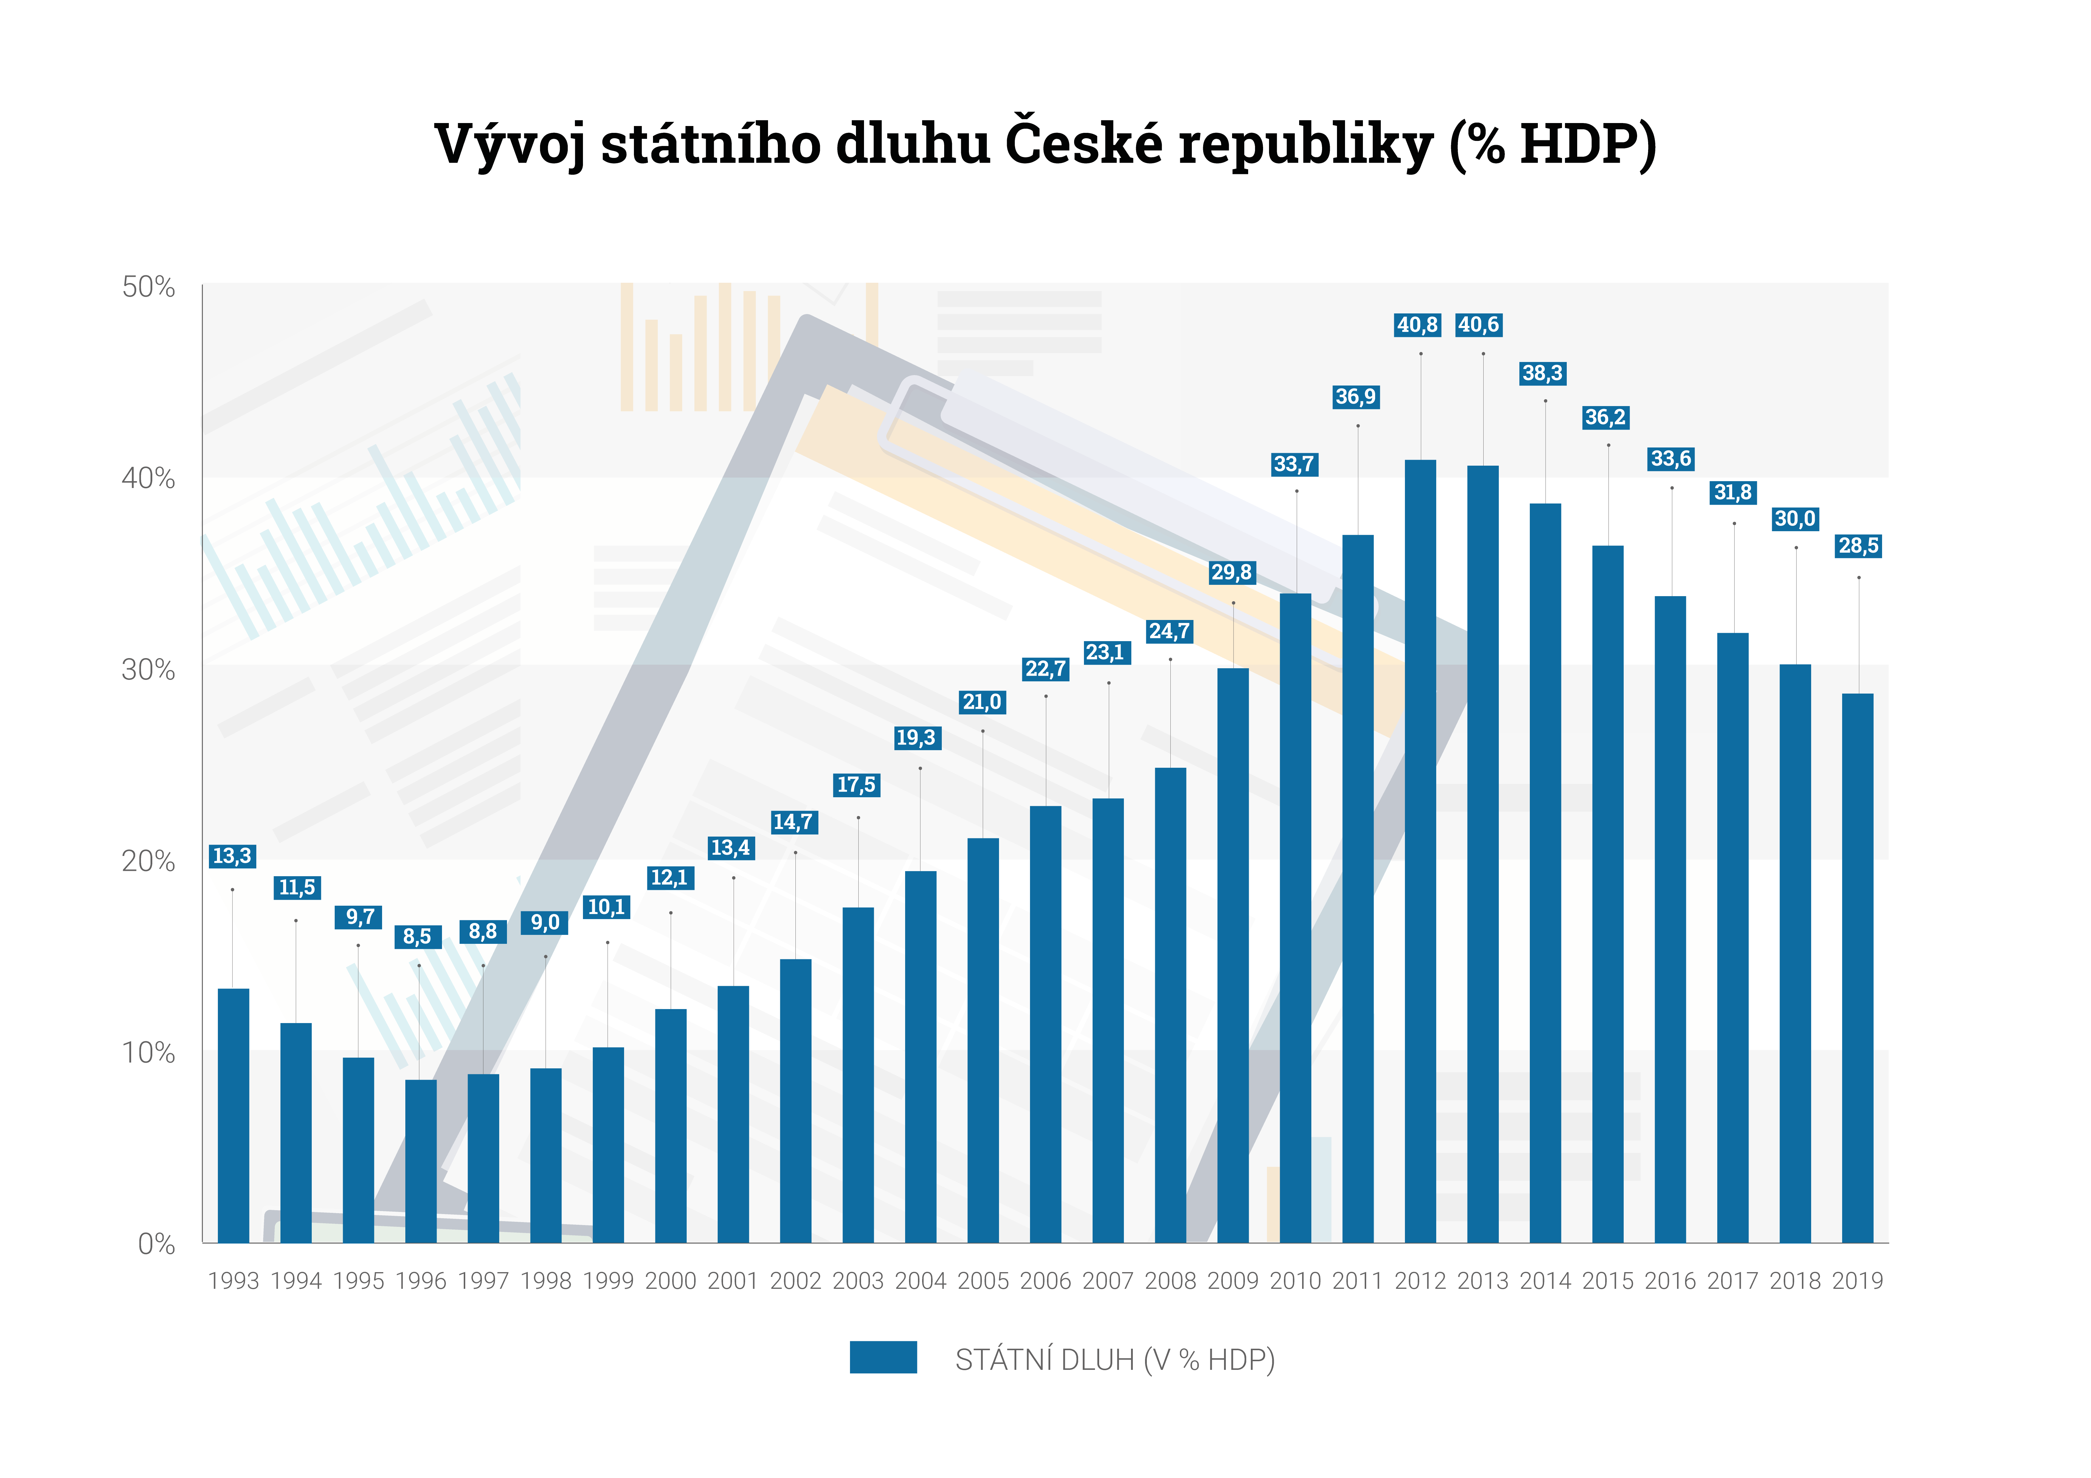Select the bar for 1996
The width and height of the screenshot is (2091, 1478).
(421, 1161)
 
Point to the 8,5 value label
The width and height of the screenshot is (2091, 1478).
(417, 936)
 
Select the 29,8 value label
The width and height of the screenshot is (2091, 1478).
(1231, 573)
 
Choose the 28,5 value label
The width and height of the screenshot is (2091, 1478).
(1858, 546)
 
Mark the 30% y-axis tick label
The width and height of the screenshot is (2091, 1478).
(148, 670)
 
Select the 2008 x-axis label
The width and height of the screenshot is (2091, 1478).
(1170, 1281)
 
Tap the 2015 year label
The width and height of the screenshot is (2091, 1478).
(1607, 1281)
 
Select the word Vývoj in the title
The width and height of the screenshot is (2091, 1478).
(510, 146)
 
